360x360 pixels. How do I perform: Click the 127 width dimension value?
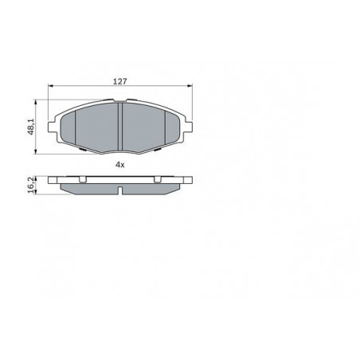coord(120,81)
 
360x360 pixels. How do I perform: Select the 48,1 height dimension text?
coord(31,127)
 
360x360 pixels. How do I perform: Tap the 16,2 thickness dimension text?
coord(31,185)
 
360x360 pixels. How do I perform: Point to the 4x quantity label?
coord(119,165)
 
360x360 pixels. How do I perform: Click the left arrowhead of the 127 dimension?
coord(50,86)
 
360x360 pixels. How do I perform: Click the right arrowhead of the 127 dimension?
coord(190,86)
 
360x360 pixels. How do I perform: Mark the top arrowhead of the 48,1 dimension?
coord(35,102)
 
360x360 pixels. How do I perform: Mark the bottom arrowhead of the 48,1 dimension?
coord(35,151)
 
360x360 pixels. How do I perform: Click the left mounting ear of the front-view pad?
coord(52,127)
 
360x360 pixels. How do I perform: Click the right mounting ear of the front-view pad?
coord(189,127)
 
